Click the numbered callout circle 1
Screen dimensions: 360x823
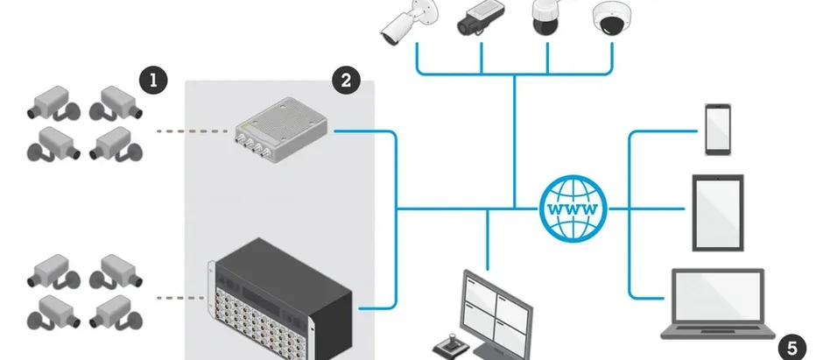click(x=154, y=81)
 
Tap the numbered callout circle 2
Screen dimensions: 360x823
click(x=346, y=81)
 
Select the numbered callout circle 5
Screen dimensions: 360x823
click(x=791, y=347)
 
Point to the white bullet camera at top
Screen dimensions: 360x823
click(x=404, y=21)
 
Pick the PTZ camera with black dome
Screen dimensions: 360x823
click(x=546, y=18)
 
